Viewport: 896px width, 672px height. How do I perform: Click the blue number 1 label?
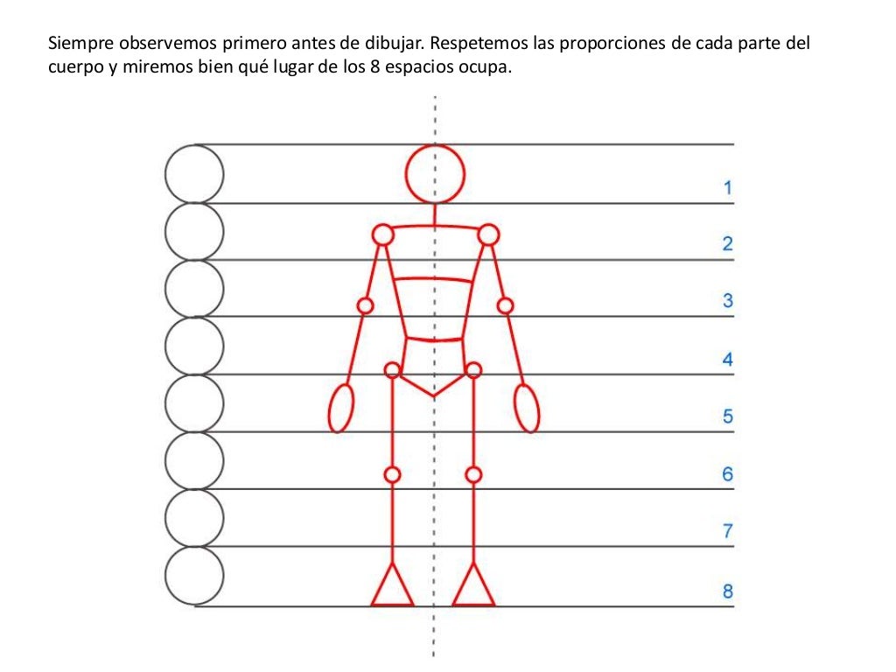pyautogui.click(x=727, y=187)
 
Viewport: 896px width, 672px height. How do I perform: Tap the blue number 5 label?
pyautogui.click(x=727, y=416)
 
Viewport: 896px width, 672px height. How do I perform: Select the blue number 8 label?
pyautogui.click(x=727, y=591)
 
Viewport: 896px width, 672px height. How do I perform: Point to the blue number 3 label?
pyautogui.click(x=727, y=301)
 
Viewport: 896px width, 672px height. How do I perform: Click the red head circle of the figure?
pyautogui.click(x=434, y=173)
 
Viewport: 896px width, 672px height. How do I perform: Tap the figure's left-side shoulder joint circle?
pyautogui.click(x=382, y=234)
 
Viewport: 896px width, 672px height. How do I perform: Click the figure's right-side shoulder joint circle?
pyautogui.click(x=489, y=234)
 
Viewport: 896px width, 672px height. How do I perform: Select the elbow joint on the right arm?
pyautogui.click(x=505, y=305)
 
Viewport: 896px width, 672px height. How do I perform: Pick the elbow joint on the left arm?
pyautogui.click(x=366, y=305)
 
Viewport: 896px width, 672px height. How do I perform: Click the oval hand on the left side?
pyautogui.click(x=341, y=408)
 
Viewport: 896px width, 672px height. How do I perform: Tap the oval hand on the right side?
pyautogui.click(x=527, y=408)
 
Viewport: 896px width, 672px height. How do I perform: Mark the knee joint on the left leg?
pyautogui.click(x=392, y=474)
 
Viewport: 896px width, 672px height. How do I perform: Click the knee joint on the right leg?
pyautogui.click(x=473, y=474)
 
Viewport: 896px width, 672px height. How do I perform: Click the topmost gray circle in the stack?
pyautogui.click(x=194, y=173)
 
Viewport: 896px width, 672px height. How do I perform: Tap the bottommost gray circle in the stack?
pyautogui.click(x=194, y=575)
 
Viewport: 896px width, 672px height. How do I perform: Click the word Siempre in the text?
pyautogui.click(x=75, y=42)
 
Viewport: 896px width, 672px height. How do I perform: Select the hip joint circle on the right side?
pyautogui.click(x=473, y=370)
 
